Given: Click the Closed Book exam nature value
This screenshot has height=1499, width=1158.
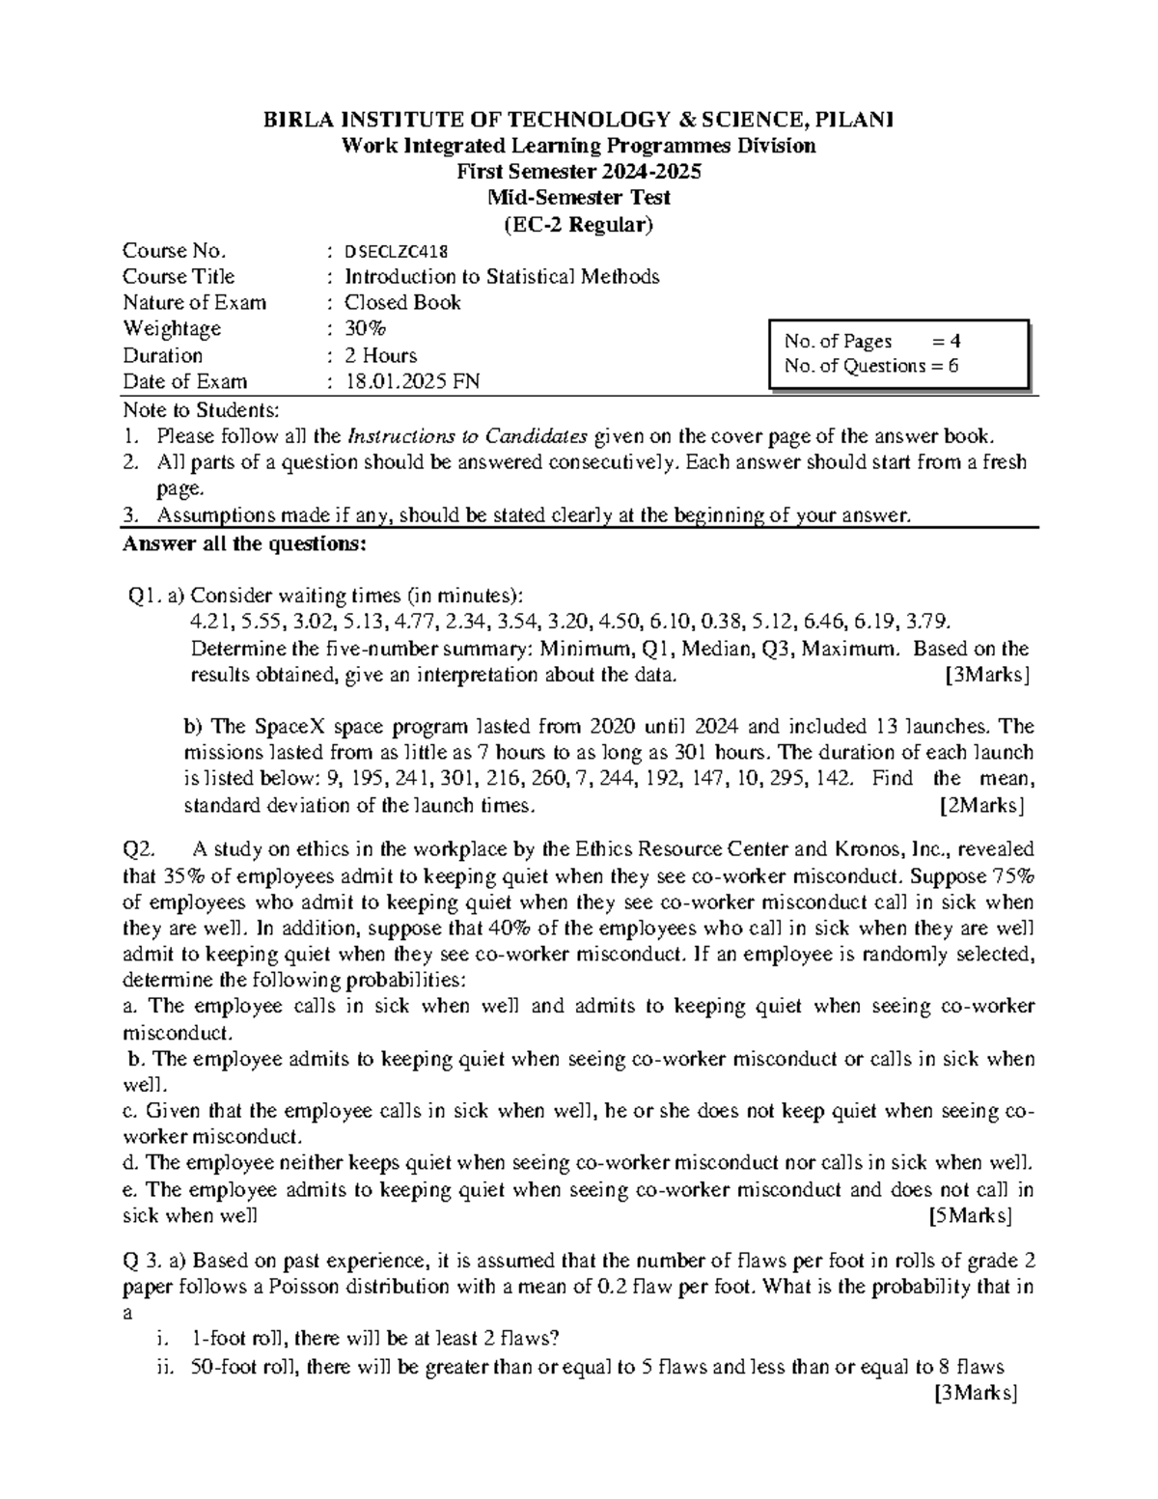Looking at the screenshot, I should click(402, 303).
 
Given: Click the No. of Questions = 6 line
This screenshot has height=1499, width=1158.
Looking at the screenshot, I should click(871, 366).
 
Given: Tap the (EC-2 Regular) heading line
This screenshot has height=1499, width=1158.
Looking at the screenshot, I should click(579, 225).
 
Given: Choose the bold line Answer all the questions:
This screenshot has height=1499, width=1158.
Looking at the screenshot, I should click(244, 543).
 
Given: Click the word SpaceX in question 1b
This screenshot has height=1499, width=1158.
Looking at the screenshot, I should click(291, 727).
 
